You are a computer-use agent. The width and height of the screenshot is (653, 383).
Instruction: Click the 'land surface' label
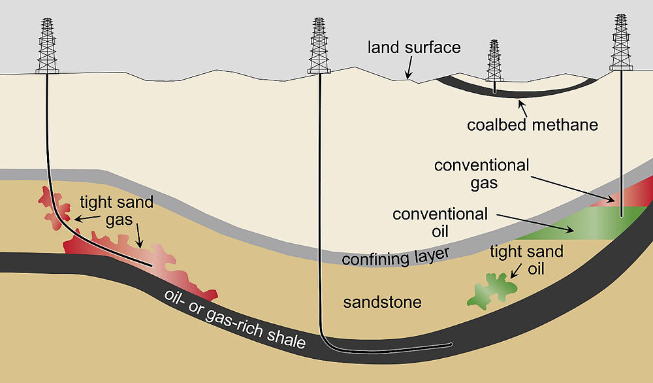pyautogui.click(x=414, y=48)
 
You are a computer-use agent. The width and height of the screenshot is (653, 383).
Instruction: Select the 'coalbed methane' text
pyautogui.click(x=532, y=124)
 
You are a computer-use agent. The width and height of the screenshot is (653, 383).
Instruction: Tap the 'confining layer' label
pyautogui.click(x=396, y=257)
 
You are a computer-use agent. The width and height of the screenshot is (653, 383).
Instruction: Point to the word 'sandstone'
pyautogui.click(x=382, y=303)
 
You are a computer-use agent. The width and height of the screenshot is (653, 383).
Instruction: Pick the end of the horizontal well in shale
pyautogui.click(x=450, y=344)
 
